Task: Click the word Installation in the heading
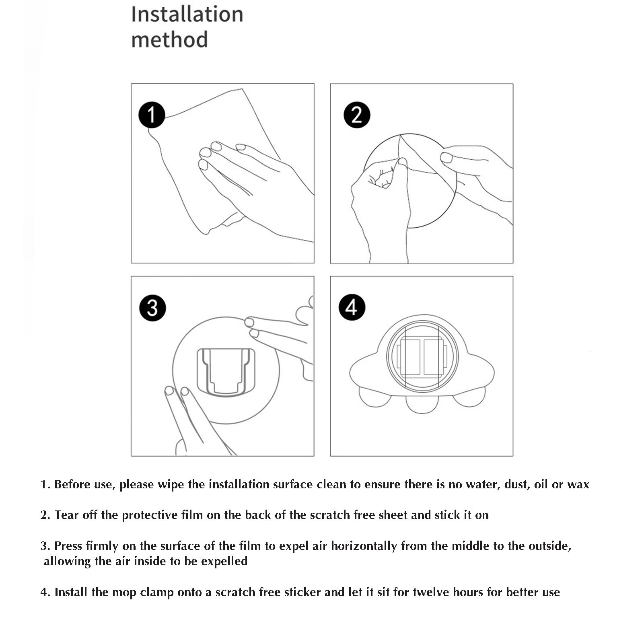click(x=187, y=14)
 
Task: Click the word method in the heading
click(x=169, y=40)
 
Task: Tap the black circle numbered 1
click(x=152, y=115)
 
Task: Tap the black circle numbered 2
click(x=357, y=115)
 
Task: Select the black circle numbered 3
click(x=152, y=308)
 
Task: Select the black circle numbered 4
click(x=352, y=307)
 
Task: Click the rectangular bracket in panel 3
click(x=226, y=372)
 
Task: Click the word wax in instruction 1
click(x=578, y=484)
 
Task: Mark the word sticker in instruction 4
click(x=302, y=592)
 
